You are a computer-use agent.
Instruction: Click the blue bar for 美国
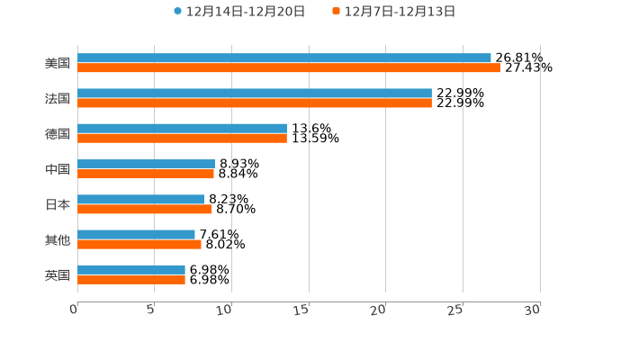(x=284, y=58)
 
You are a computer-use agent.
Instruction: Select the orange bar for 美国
(x=289, y=67)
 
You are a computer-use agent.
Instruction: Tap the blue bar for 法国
(x=255, y=94)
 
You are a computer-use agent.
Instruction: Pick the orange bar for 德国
(x=182, y=138)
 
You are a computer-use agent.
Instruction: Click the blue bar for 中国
(x=146, y=164)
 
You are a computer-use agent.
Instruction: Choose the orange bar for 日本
(x=145, y=209)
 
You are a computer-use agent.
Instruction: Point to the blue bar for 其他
(x=136, y=234)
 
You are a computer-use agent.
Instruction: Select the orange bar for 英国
(x=131, y=279)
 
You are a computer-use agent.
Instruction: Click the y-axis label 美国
(x=58, y=63)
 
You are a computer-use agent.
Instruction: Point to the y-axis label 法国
(x=58, y=98)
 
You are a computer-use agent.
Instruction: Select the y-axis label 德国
(x=58, y=133)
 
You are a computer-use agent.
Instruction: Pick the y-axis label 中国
(x=58, y=169)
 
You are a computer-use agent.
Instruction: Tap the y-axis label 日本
(x=58, y=204)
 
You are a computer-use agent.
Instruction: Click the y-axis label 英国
(x=58, y=274)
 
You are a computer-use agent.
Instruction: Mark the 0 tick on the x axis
(x=75, y=310)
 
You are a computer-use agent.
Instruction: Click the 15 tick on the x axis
(x=303, y=310)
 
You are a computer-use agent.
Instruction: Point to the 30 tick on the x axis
(x=534, y=310)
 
